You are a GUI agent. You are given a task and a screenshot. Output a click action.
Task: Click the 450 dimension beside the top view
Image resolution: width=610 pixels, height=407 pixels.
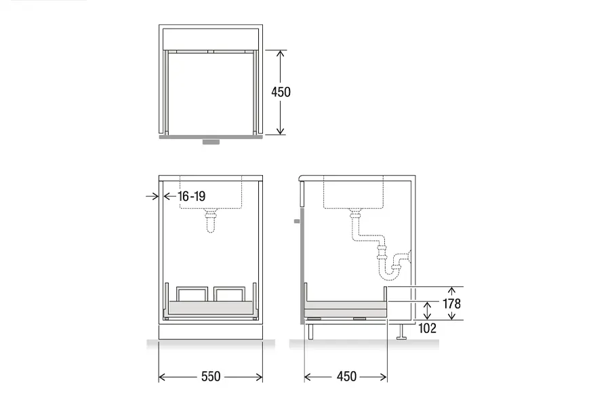tap(281, 92)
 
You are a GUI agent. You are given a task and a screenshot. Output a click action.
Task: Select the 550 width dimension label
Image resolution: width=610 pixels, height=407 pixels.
tap(211, 376)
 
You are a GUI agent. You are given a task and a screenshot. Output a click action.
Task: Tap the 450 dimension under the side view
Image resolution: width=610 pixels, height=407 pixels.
tap(346, 376)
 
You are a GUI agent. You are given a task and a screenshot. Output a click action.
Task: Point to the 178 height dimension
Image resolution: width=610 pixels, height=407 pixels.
tap(451, 304)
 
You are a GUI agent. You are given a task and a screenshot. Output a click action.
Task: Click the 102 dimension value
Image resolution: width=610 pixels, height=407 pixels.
tap(427, 328)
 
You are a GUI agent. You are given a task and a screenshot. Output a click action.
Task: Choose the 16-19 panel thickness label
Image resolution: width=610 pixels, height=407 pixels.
tap(192, 196)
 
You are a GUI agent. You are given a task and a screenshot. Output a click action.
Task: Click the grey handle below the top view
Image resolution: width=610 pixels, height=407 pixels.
tap(211, 142)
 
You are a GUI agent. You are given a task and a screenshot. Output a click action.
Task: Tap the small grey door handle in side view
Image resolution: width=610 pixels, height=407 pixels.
tap(297, 221)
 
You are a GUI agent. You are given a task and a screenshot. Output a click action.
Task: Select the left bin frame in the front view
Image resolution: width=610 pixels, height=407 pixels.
tap(192, 288)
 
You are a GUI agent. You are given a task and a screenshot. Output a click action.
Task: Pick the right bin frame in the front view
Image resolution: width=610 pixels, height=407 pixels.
tap(230, 288)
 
